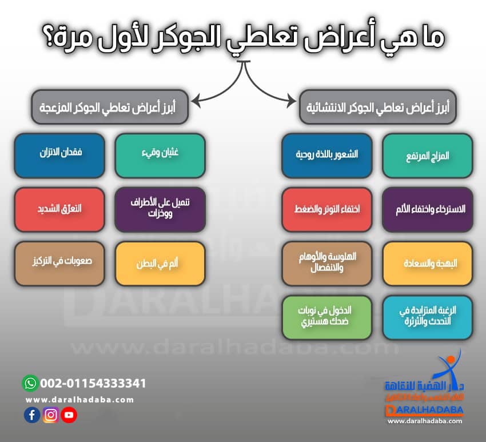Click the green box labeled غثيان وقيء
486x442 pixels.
160,155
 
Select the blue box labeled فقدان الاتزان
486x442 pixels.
59,155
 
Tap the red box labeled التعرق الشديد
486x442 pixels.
59,209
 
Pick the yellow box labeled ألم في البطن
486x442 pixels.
160,264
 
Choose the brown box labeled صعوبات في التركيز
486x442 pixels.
59,264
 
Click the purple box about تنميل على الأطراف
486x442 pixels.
160,209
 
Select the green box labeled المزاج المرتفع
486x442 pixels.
428,155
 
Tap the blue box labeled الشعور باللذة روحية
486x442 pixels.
327,155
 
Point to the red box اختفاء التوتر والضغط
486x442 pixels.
327,209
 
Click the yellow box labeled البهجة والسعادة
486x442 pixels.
428,264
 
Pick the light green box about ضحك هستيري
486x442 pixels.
327,316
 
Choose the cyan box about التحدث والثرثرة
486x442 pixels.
428,316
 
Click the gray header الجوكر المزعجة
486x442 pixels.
110,107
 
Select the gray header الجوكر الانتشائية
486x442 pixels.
378,107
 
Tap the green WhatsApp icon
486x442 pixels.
30,383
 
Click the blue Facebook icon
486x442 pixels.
32,415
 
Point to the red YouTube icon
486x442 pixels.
69,415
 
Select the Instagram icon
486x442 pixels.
50,415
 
